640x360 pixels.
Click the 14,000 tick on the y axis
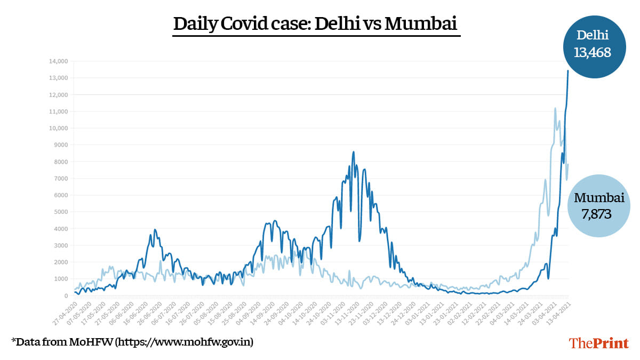click(x=58, y=61)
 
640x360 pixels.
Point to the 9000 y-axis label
click(x=60, y=145)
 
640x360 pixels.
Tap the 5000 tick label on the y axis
click(x=60, y=212)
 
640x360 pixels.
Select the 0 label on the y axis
click(x=66, y=295)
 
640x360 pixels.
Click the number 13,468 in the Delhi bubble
click(x=591, y=52)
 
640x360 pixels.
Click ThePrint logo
click(x=598, y=342)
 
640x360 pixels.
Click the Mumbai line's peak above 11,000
click(x=555, y=108)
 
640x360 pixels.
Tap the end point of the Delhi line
click(x=568, y=70)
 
